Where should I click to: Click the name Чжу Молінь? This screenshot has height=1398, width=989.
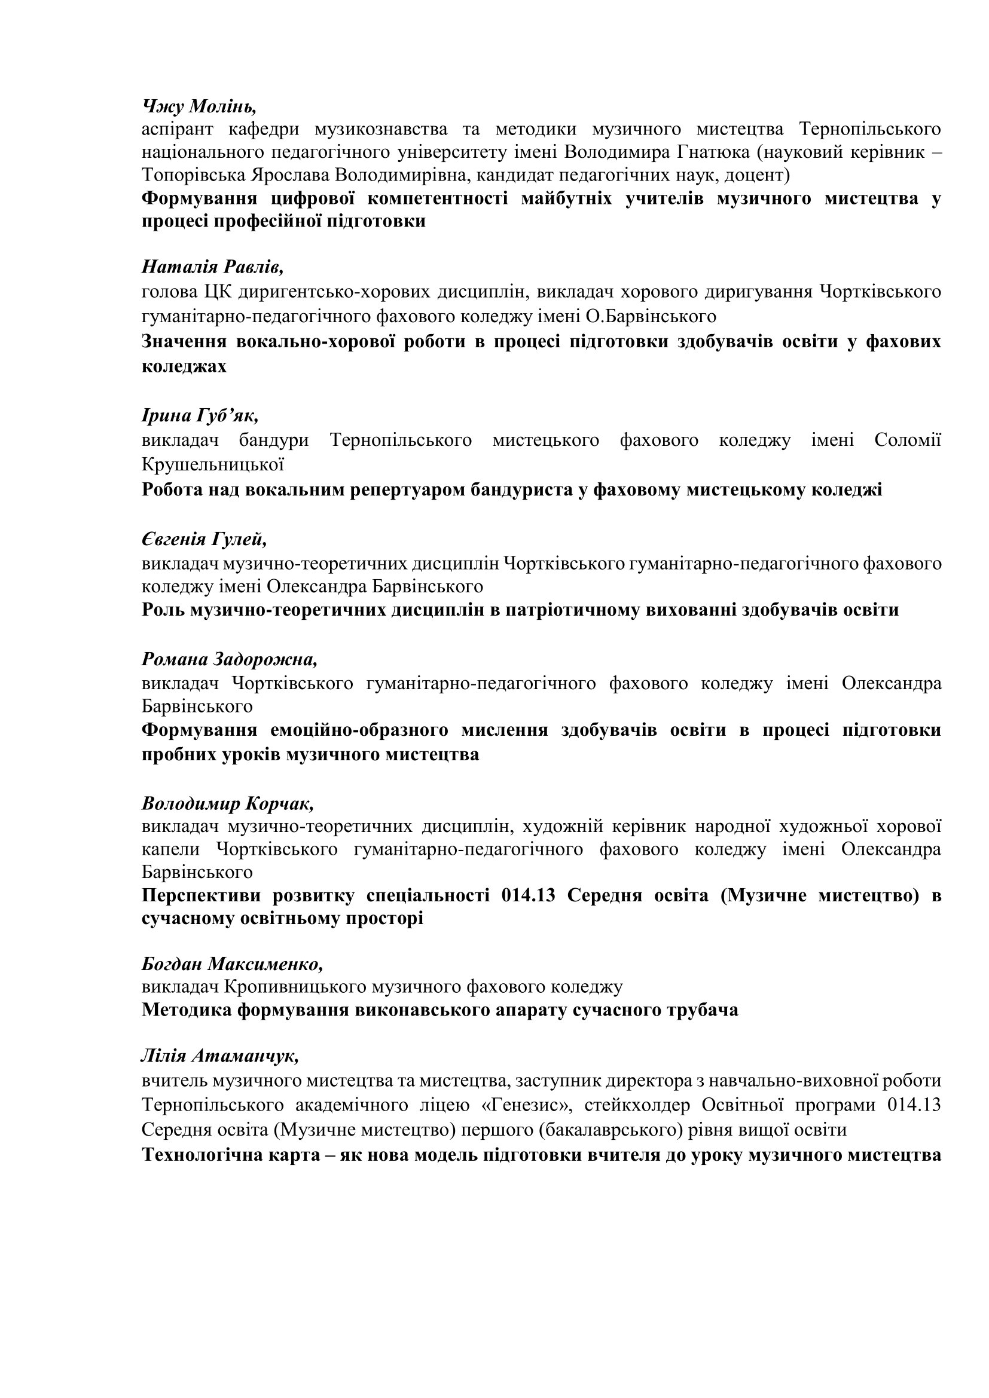(x=199, y=106)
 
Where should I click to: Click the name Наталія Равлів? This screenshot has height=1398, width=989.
(x=212, y=267)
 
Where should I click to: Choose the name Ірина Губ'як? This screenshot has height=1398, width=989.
(x=200, y=415)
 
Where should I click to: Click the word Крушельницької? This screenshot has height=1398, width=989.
(x=212, y=464)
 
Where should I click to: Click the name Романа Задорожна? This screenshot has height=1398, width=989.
(x=230, y=659)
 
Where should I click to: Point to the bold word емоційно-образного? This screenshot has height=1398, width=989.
(x=359, y=730)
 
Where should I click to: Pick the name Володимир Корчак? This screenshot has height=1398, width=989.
(x=228, y=804)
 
